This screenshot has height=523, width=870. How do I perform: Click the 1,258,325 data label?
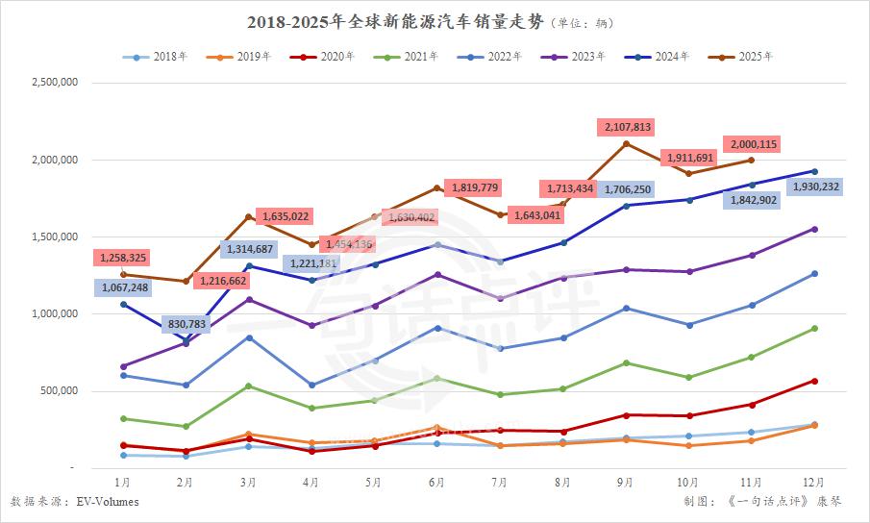click(121, 258)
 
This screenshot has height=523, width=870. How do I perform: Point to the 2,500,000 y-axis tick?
click(55, 83)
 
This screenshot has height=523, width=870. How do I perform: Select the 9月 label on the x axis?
click(625, 482)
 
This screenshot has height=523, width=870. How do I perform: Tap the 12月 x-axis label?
click(813, 482)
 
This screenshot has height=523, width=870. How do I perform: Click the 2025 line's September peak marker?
click(626, 144)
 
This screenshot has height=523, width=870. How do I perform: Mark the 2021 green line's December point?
click(814, 328)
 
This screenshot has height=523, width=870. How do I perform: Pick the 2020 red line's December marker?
click(814, 381)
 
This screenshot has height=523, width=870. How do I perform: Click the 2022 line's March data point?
click(248, 337)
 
